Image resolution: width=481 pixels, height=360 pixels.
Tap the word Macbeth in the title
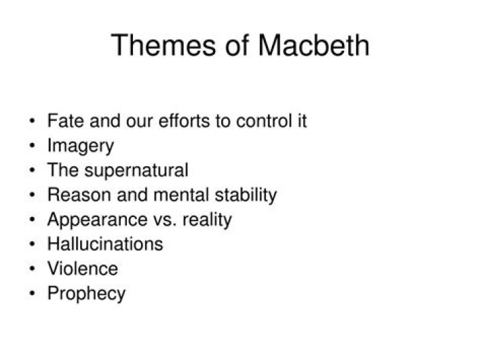313,45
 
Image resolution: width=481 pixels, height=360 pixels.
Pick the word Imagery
80,146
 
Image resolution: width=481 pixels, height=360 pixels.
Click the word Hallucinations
105,244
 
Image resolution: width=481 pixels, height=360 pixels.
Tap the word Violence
82,268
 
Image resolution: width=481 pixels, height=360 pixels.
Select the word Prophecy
86,293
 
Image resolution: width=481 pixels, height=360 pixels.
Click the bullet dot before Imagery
33,146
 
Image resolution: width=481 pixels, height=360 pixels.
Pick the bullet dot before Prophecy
33,293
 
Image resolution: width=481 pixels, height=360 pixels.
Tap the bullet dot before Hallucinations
33,244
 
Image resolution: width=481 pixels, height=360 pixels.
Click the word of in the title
236,45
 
